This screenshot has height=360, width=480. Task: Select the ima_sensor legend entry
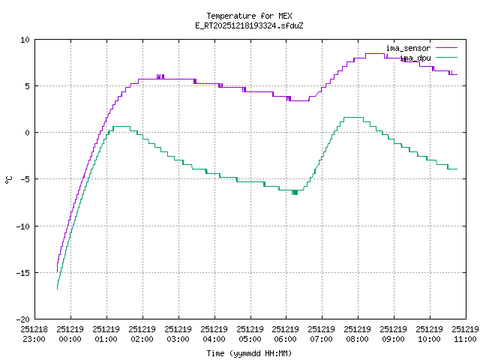pos(408,48)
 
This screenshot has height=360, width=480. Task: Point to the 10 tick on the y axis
pos(25,40)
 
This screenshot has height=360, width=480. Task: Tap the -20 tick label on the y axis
pos(23,319)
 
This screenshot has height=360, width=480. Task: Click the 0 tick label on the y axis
pos(28,133)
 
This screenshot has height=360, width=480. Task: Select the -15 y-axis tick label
pos(23,272)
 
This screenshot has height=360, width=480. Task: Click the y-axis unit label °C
pos(9,179)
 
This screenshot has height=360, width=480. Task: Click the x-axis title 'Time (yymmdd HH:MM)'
pos(249,353)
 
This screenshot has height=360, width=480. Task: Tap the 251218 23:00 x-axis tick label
pos(34,334)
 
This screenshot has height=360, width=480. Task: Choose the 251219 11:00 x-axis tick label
pos(465,334)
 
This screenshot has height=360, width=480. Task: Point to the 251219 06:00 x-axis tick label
pos(286,334)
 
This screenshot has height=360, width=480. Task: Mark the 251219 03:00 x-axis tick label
pos(178,334)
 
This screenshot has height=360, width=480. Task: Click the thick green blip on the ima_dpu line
pos(295,193)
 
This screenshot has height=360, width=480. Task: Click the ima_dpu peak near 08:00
pos(352,117)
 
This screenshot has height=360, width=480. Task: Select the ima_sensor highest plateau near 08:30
pos(374,53)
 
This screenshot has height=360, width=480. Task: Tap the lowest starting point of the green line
pos(57,288)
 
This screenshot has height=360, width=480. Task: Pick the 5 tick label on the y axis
pos(28,86)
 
